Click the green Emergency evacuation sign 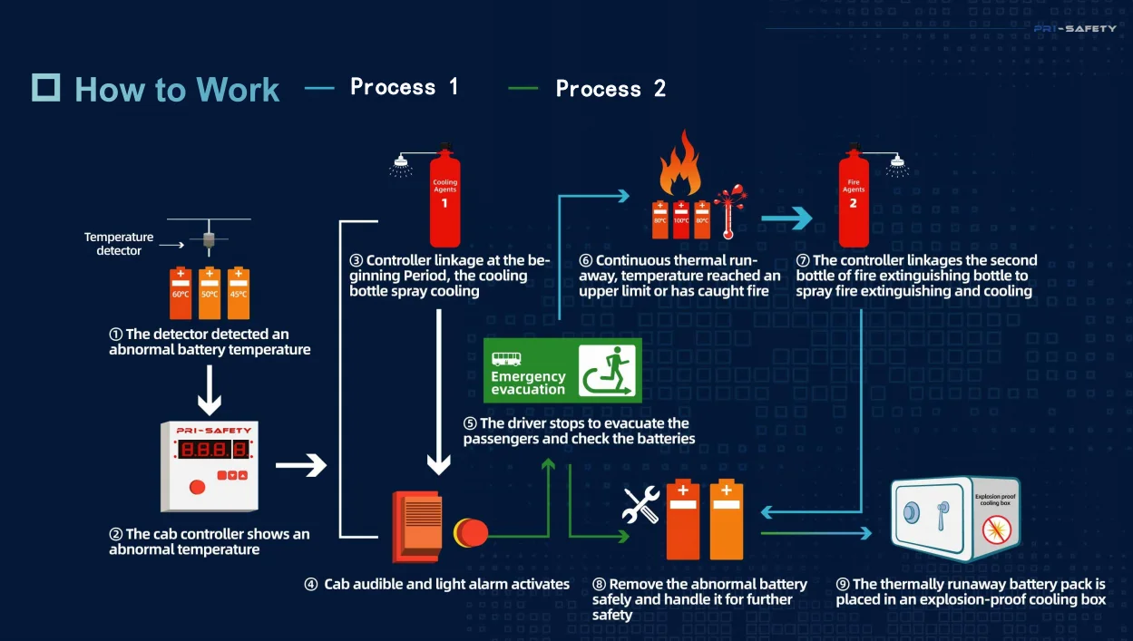[x=562, y=370]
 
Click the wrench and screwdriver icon [x=641, y=506]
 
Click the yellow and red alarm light [x=470, y=532]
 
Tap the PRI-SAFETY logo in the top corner [x=1075, y=29]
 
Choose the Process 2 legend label [x=610, y=89]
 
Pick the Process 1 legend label [x=405, y=87]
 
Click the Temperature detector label [x=119, y=244]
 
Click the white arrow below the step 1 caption [x=210, y=387]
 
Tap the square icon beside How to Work [x=46, y=87]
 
